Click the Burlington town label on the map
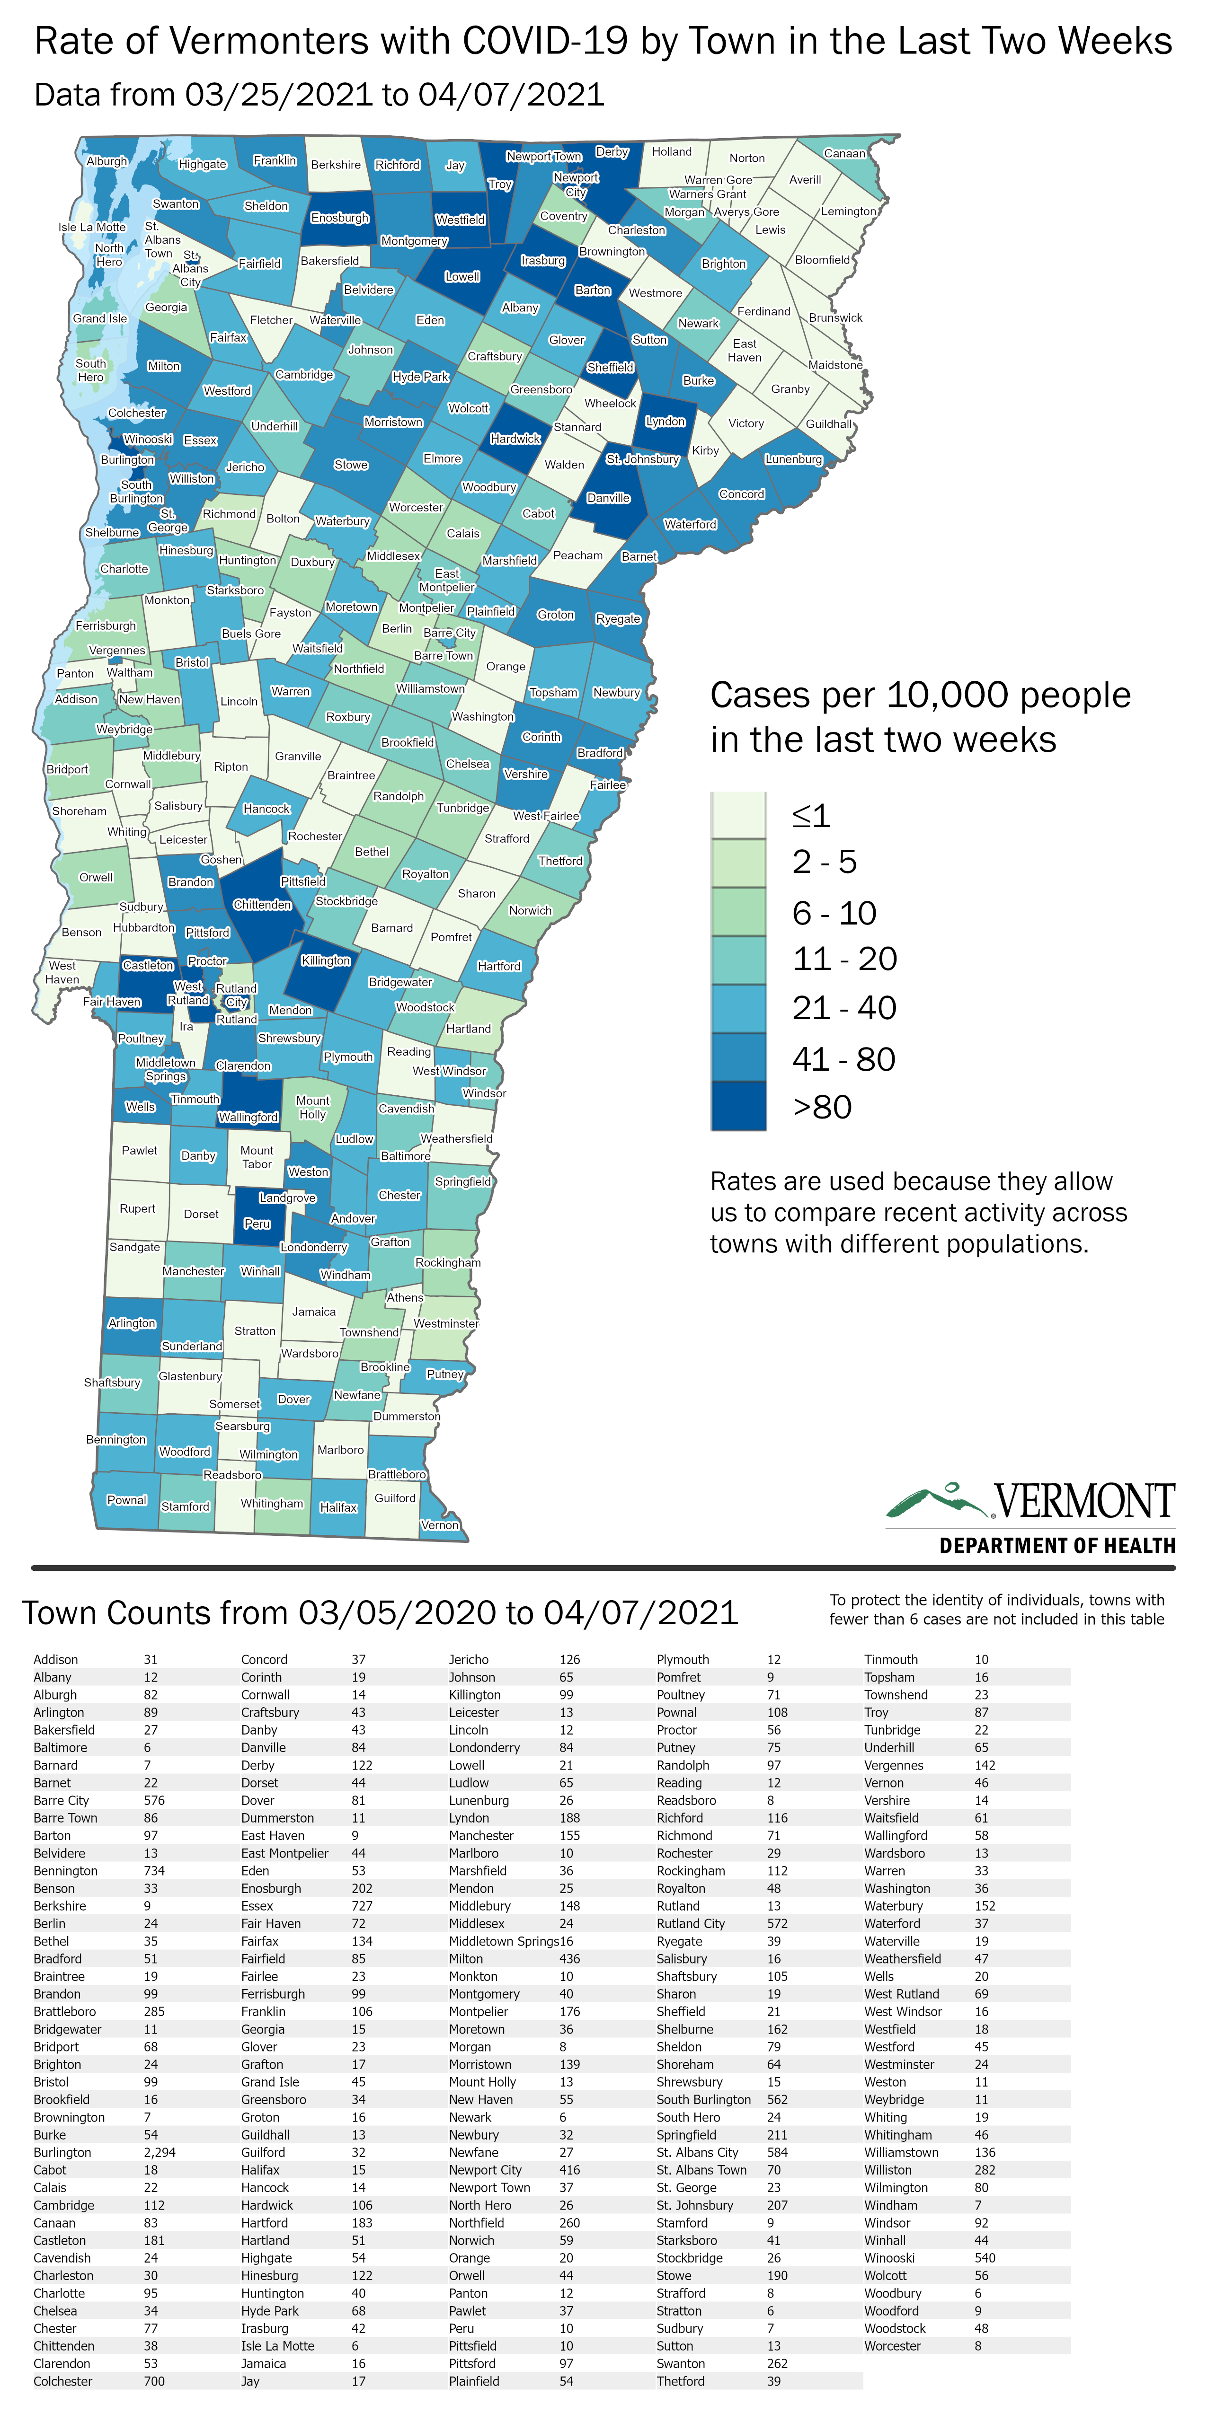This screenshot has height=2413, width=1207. click(x=127, y=460)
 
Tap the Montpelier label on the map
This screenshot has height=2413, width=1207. click(x=426, y=608)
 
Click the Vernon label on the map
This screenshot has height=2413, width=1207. click(x=440, y=1525)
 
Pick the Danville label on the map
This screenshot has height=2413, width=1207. click(x=608, y=498)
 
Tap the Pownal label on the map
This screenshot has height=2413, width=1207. click(x=126, y=1500)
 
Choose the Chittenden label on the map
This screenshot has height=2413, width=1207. click(x=262, y=905)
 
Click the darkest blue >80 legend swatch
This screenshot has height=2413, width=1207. click(x=738, y=1106)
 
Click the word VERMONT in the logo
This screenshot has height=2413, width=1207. click(x=1084, y=1501)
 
